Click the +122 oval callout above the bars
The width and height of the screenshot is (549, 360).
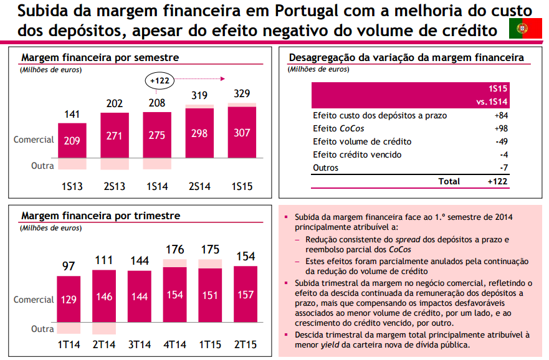point(160,80)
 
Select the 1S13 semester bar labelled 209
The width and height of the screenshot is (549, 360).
point(72,140)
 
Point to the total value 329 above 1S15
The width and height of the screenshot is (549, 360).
point(242,94)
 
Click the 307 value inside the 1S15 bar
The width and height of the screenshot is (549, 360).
point(242,133)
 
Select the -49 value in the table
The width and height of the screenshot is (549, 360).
point(501,141)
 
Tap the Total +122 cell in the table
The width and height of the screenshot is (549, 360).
point(498,181)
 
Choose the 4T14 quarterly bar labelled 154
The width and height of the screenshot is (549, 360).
point(174,295)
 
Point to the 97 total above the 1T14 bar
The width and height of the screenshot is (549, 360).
point(69,266)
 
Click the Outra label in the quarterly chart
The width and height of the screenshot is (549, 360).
point(42,329)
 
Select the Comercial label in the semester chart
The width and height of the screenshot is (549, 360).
point(34,140)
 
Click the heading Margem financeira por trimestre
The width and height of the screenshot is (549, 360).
point(101,216)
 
